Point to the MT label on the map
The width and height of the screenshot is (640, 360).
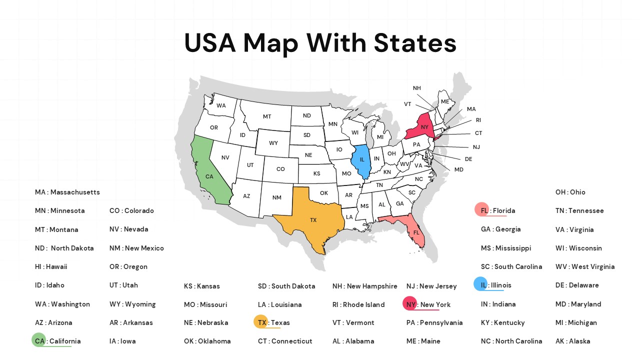point(267,116)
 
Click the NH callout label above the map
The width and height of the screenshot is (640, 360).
point(416,88)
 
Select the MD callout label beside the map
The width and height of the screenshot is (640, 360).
point(458,169)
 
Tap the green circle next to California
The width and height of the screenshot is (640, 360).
point(38,340)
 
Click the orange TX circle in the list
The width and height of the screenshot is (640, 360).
point(260,322)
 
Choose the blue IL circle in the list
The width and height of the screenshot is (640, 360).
point(480,284)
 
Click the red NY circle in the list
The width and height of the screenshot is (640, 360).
point(409,303)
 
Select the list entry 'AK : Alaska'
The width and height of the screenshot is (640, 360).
point(572,341)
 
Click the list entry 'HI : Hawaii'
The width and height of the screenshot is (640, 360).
point(51,266)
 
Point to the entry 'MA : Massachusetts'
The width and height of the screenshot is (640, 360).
point(67,192)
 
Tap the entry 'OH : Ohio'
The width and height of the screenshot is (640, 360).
point(570,192)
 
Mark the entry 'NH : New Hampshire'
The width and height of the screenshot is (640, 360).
point(364,286)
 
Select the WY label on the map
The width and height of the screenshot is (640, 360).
point(273,143)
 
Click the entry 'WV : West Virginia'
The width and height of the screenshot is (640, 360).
point(585,266)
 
